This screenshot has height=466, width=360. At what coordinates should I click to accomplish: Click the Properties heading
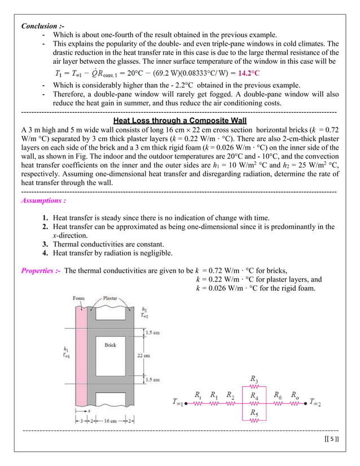(x=41, y=270)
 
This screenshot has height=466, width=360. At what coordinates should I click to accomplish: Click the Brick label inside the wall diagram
(x=111, y=345)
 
